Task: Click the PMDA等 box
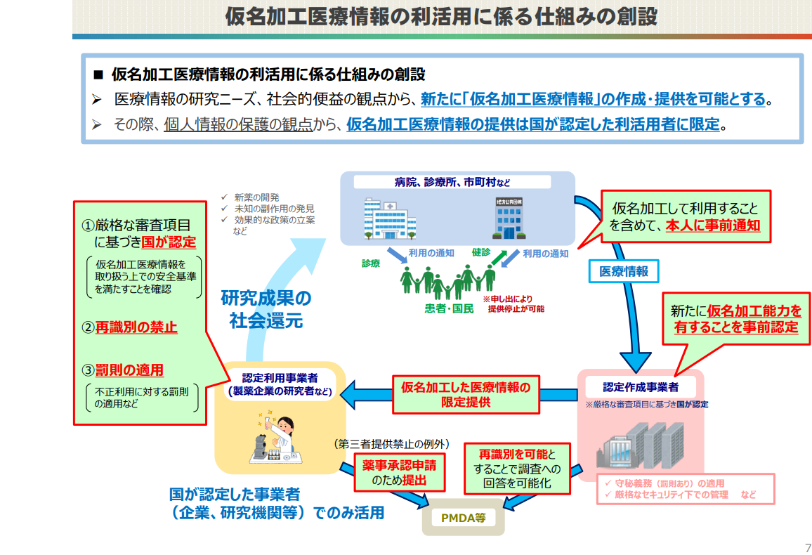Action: [x=463, y=517]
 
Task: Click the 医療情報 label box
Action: [x=624, y=271]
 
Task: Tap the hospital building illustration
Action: [x=389, y=218]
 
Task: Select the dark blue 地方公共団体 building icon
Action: [x=509, y=218]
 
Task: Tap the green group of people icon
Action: [x=447, y=282]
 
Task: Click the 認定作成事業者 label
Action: [x=641, y=386]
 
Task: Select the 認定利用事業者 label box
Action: [x=280, y=385]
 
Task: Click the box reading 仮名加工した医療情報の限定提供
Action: [x=466, y=395]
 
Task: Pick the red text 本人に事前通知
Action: [x=712, y=226]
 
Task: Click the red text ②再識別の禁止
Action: [x=129, y=327]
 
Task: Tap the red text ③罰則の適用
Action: [x=123, y=370]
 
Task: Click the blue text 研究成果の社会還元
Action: [x=266, y=309]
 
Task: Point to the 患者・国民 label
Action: [x=449, y=308]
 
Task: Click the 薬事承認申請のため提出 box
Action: [x=399, y=473]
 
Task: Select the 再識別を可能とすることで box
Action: [x=517, y=469]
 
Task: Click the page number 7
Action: [x=808, y=547]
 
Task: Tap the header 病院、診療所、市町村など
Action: [x=452, y=182]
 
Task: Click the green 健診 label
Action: [x=480, y=252]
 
